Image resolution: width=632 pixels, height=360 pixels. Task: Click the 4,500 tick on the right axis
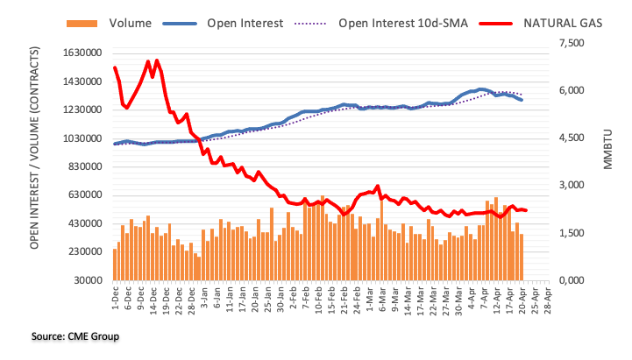(x=571, y=138)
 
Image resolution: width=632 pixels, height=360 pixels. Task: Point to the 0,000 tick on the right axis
(x=571, y=280)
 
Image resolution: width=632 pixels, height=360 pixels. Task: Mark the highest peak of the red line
(x=157, y=60)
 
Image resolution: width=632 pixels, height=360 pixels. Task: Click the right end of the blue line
(x=522, y=100)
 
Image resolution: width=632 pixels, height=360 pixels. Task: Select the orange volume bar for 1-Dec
(x=115, y=265)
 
